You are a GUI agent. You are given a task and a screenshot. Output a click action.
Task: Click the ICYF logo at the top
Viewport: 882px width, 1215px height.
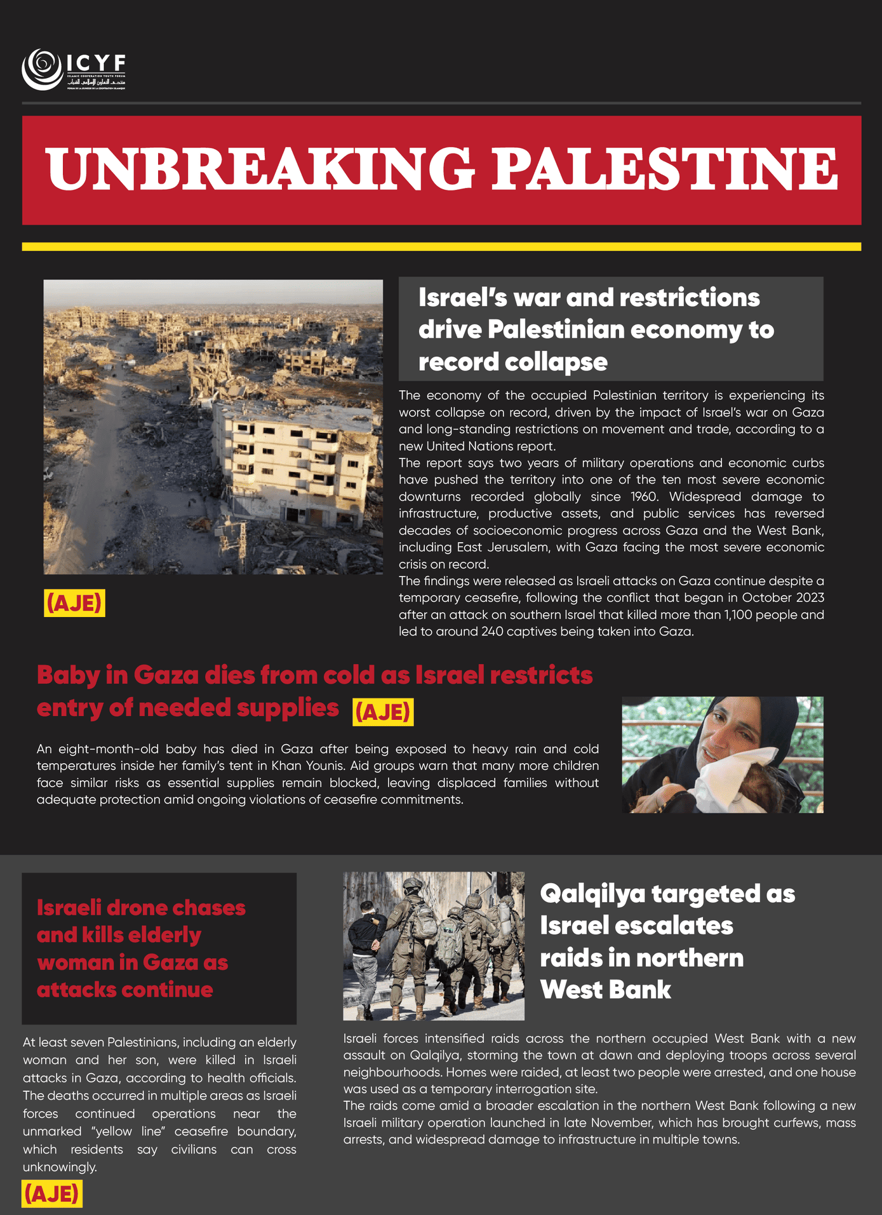point(74,69)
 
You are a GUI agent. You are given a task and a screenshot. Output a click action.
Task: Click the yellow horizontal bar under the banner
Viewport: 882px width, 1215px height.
point(441,246)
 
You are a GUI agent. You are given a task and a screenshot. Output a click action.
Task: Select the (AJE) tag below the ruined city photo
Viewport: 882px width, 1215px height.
point(74,603)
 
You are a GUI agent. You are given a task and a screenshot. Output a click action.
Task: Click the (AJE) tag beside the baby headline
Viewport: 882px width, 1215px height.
point(383,712)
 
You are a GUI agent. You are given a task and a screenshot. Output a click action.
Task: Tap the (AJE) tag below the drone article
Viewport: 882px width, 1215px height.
point(52,1194)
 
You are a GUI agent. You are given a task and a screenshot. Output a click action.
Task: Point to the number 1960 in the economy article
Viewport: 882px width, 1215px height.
point(644,496)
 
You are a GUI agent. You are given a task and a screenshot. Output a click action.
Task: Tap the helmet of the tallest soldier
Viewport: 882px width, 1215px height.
point(413,885)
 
